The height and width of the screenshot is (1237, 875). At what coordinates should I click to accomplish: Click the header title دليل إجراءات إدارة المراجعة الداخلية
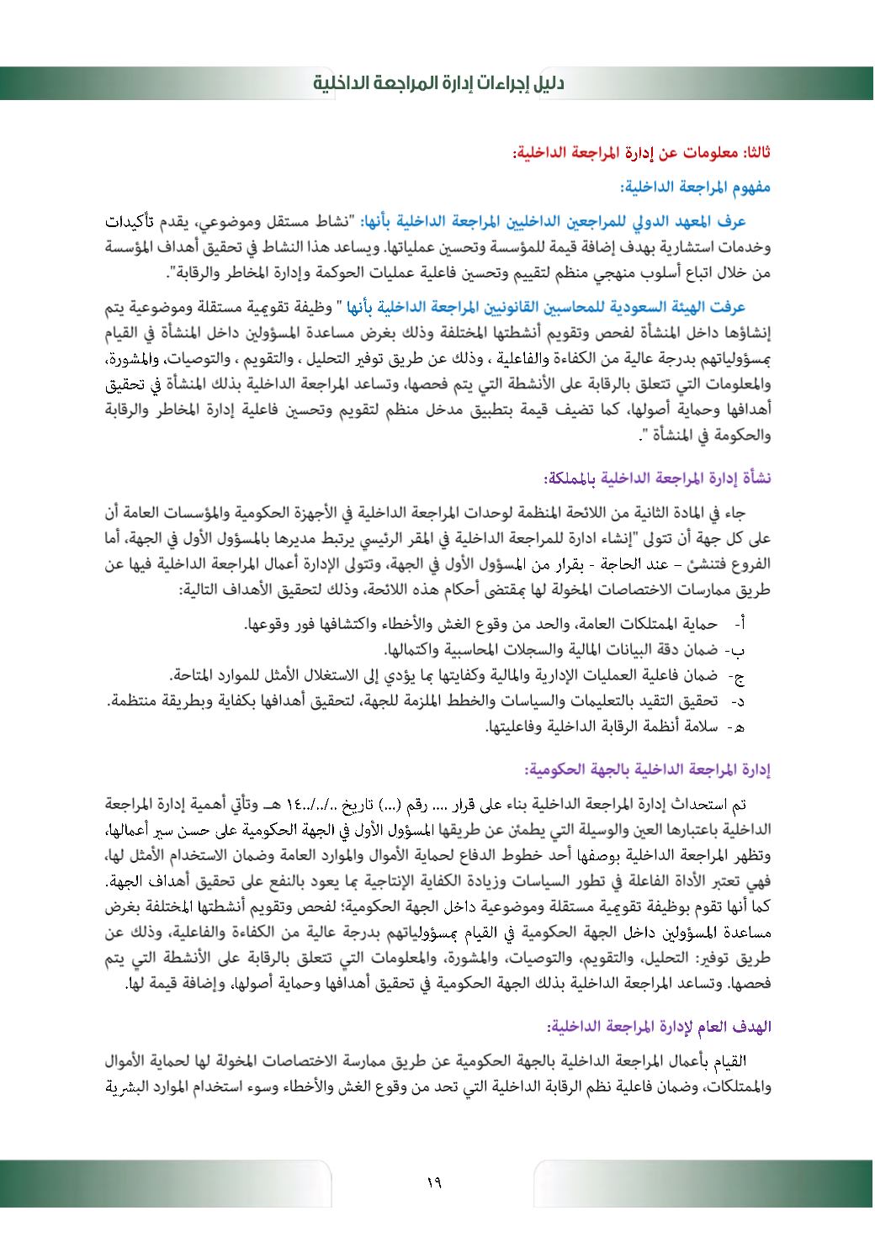click(x=437, y=83)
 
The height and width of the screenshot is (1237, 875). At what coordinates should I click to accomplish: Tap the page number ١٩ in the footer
click(x=434, y=1182)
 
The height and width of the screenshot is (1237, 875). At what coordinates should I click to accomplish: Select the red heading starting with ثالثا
click(x=642, y=152)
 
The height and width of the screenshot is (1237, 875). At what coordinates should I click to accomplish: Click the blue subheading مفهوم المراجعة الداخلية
click(x=695, y=187)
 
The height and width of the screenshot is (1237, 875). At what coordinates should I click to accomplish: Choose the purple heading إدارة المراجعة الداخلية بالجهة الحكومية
click(x=648, y=769)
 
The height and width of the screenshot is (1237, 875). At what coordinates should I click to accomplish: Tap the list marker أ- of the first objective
click(x=740, y=625)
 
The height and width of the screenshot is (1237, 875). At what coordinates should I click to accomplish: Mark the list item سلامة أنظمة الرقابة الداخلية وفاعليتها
click(x=602, y=725)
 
